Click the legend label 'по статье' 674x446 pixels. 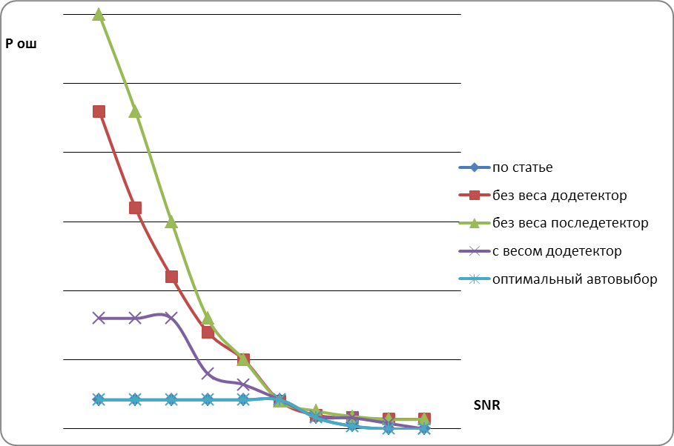(522, 167)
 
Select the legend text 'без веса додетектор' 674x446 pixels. (559, 196)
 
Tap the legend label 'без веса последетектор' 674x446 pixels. (570, 223)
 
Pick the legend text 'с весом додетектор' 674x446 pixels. (557, 251)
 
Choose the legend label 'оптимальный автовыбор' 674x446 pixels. (575, 279)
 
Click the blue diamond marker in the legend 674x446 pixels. (474, 167)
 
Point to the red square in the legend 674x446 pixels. (474, 196)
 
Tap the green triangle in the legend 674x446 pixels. (474, 223)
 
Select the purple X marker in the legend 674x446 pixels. (474, 251)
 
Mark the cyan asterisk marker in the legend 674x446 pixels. (474, 279)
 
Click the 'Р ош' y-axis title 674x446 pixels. (21, 44)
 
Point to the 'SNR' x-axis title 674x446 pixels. (488, 405)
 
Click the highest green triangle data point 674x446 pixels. (99, 15)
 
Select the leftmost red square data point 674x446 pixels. (99, 112)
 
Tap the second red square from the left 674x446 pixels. (135, 207)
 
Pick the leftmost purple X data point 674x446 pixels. (99, 318)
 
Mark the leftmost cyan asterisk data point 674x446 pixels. (99, 399)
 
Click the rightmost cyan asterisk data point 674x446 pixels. (424, 428)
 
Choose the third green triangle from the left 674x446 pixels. (171, 222)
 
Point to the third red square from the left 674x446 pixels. (171, 276)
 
